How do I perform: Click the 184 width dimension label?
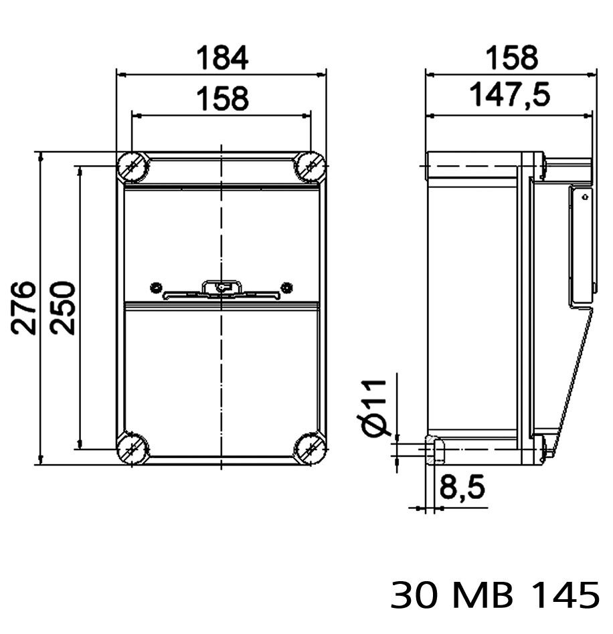(x=222, y=58)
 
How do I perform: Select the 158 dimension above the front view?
(x=222, y=98)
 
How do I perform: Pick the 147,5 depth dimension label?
(x=510, y=94)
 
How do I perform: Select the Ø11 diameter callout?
(x=374, y=409)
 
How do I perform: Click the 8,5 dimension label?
(x=462, y=487)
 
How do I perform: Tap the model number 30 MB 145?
(x=495, y=595)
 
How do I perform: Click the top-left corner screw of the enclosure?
(x=133, y=167)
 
